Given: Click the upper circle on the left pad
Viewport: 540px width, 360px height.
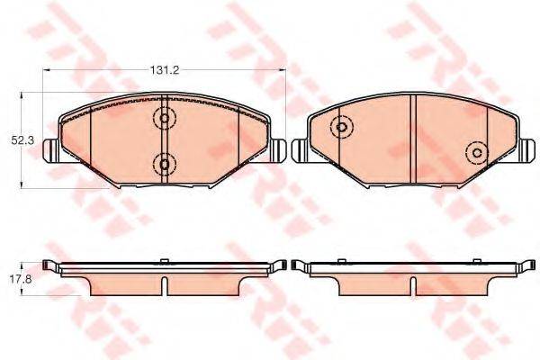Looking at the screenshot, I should click(x=164, y=117).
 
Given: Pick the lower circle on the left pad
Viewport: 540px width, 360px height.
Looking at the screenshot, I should click(x=164, y=164).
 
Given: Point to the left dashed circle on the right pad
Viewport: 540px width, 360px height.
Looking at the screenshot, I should click(x=341, y=128).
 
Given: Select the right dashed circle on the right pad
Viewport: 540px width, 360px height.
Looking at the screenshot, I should click(x=474, y=153).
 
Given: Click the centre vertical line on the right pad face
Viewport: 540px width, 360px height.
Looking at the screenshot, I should click(x=412, y=139).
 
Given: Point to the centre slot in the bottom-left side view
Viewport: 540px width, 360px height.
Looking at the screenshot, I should click(x=164, y=283).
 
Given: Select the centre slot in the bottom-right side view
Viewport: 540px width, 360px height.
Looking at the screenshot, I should click(x=412, y=283).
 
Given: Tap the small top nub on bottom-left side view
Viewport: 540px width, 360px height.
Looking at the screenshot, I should click(x=164, y=262).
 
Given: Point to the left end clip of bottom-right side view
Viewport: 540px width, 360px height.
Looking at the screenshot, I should click(x=300, y=266).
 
